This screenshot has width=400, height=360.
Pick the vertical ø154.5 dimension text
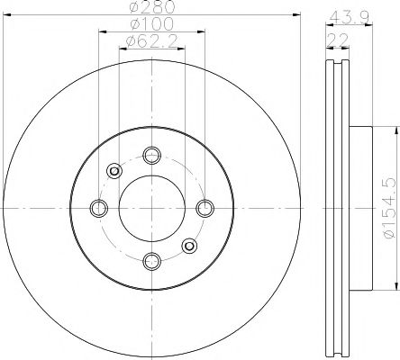click(x=388, y=208)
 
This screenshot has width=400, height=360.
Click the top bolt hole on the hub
click(x=150, y=155)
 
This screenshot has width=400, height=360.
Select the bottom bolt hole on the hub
click(x=150, y=261)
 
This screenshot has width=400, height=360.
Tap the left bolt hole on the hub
click(x=98, y=208)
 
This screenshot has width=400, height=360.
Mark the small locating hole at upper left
click(x=114, y=171)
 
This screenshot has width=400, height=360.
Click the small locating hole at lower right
click(x=188, y=245)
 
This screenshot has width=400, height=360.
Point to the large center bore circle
click(x=150, y=208)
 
